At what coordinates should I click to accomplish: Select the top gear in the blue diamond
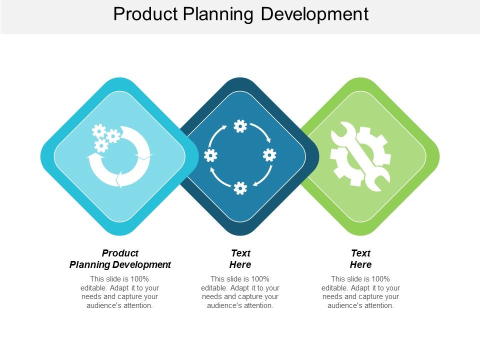tap(240, 126)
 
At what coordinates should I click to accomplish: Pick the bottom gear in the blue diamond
tap(240, 187)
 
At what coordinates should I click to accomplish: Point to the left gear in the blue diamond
tap(210, 155)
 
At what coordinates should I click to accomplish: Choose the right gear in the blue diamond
tap(270, 155)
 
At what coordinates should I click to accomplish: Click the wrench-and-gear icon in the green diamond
tap(360, 156)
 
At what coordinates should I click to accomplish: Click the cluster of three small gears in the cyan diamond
tap(105, 137)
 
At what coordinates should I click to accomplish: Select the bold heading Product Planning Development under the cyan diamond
tap(120, 259)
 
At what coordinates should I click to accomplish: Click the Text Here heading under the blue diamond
tap(240, 259)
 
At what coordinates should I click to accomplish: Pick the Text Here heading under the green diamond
tap(360, 259)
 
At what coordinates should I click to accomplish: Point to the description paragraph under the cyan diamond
tap(120, 292)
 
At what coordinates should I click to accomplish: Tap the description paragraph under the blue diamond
tap(240, 292)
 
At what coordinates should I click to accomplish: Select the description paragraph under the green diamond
tap(360, 292)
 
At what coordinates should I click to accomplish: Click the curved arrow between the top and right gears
tap(262, 132)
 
